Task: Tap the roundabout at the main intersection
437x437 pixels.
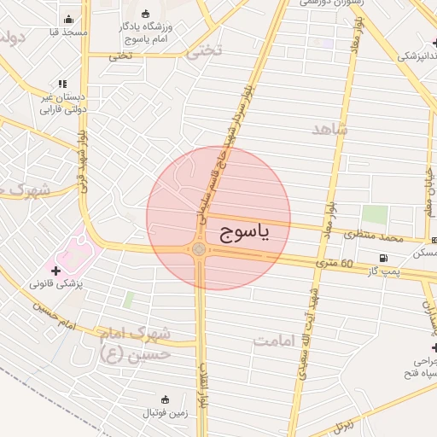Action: [x=199, y=248]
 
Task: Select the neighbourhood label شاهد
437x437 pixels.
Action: [x=331, y=130]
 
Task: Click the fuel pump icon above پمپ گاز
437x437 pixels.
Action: [x=383, y=259]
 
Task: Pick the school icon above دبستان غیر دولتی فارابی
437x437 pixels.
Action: [x=61, y=84]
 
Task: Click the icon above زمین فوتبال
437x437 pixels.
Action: [x=166, y=399]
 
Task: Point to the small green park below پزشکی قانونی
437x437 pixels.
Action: [x=129, y=300]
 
